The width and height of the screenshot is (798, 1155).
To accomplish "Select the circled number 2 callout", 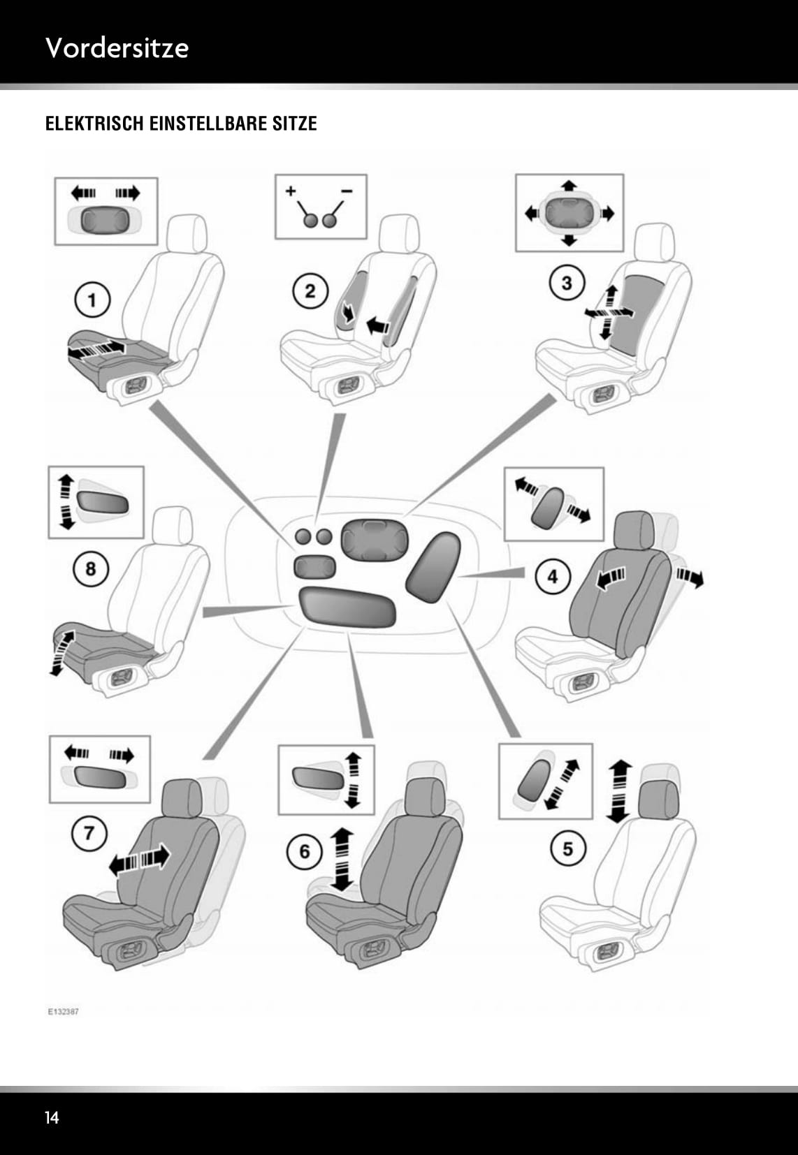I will (x=310, y=290).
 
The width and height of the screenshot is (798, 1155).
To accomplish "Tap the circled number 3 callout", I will (x=567, y=283).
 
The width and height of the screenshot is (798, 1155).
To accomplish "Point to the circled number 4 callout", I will (x=553, y=577).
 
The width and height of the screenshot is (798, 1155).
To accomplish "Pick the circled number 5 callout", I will (x=567, y=849).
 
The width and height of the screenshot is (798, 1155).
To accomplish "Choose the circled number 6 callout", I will (x=305, y=851).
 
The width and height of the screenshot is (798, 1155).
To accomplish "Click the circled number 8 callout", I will (x=90, y=569).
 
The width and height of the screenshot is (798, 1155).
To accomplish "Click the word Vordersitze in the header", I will (x=117, y=47).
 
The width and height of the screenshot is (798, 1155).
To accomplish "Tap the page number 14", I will (x=52, y=1118).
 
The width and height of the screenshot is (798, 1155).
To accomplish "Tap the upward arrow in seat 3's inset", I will (x=570, y=185).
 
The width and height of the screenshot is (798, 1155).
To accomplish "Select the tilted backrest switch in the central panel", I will (x=430, y=566).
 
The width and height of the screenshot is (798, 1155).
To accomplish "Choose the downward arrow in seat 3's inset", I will (x=569, y=241).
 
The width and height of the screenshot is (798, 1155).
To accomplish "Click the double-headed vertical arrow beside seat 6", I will (x=342, y=859).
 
